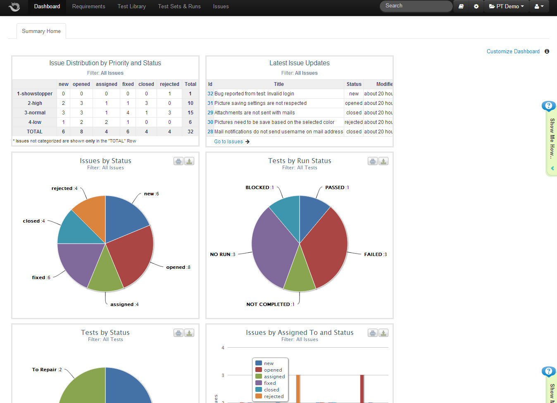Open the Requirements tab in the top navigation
[x=88, y=6]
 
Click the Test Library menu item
[x=131, y=6]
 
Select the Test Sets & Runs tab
[x=179, y=6]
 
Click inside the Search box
[x=415, y=6]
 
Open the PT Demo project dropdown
[x=506, y=6]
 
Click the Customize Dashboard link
[x=513, y=51]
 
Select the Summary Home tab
[x=41, y=31]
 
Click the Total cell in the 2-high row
[x=190, y=103]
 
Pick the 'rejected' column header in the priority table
[x=169, y=84]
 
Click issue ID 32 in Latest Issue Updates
[x=210, y=94]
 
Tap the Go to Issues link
[x=229, y=142]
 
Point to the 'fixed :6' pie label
[x=41, y=277]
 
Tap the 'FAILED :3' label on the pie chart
[x=375, y=254]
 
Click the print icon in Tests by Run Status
[x=372, y=161]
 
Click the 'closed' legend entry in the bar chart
[x=271, y=390]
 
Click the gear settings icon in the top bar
[x=476, y=6]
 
